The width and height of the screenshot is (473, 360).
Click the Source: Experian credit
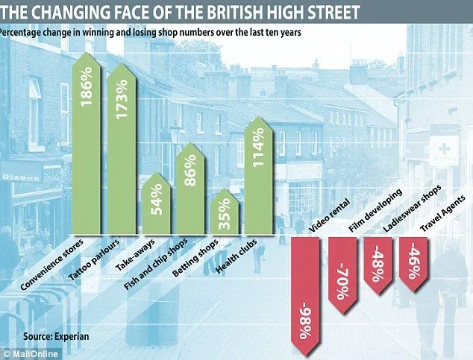pyautogui.click(x=55, y=336)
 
